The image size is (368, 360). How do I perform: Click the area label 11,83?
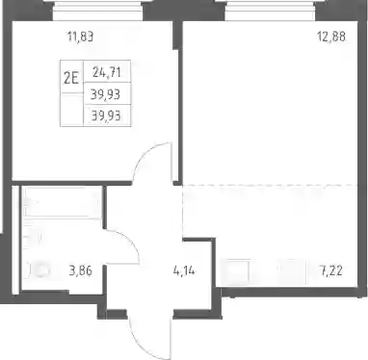coord(80,37)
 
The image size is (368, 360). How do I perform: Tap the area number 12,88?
coord(331,37)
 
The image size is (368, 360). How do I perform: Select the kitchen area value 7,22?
coord(330,271)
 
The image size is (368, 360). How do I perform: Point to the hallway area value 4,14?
coord(184,271)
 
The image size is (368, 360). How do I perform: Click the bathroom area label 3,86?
coord(81,270)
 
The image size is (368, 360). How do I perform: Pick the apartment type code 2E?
coord(71,78)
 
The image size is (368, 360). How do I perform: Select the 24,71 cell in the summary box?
coord(107,72)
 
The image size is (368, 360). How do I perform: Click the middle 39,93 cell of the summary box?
coord(106,94)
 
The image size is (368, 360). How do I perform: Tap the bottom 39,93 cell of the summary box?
coord(106,116)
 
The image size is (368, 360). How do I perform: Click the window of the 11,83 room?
coord(98,11)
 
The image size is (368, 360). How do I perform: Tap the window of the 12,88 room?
coord(270,11)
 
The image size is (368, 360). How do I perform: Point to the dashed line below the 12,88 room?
coord(270,185)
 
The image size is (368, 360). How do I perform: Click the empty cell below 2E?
coord(72,110)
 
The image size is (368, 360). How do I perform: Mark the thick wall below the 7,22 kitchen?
coord(290,292)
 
